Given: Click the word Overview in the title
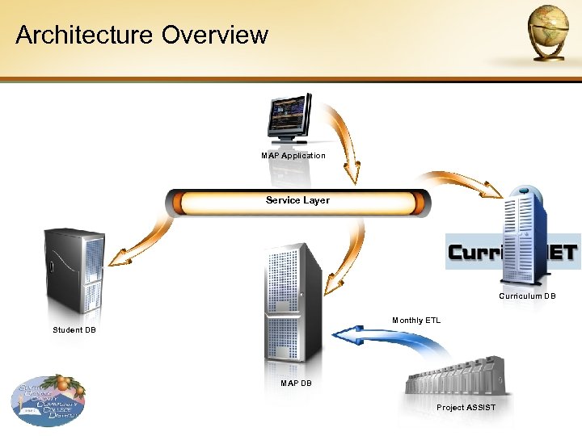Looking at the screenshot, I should [214, 35].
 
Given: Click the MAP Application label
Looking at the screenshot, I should [293, 155].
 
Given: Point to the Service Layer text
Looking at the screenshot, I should [297, 200].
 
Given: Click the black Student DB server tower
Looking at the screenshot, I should [74, 271].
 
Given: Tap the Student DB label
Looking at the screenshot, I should [74, 329].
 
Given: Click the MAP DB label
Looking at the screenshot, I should [296, 383].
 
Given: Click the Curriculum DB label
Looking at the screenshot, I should [527, 296].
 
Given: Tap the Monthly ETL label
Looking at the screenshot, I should [416, 321].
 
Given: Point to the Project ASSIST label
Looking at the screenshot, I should [466, 407].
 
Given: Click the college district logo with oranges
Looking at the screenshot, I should [48, 399].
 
